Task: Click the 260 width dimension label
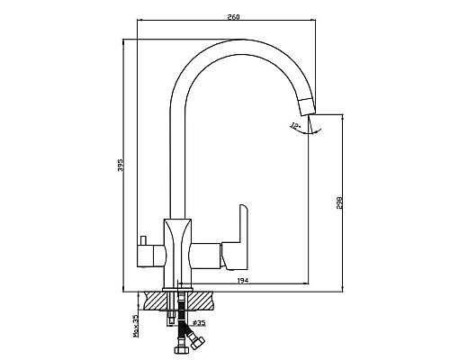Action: pyautogui.click(x=233, y=17)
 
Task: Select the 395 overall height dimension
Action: pyautogui.click(x=121, y=166)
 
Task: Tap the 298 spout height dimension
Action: pyautogui.click(x=339, y=203)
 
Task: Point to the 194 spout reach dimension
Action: pyautogui.click(x=243, y=281)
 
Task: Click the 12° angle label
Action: pyautogui.click(x=295, y=126)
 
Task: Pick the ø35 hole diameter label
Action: pyautogui.click(x=198, y=323)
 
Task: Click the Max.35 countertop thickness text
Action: pyautogui.click(x=136, y=326)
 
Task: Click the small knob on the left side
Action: pyautogui.click(x=143, y=240)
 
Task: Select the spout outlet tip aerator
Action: pyautogui.click(x=307, y=106)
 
